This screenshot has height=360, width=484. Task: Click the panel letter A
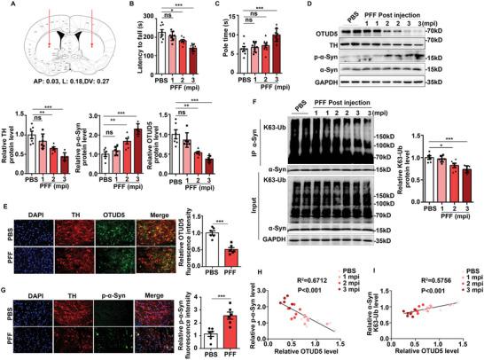pyautogui.click(x=7, y=7)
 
